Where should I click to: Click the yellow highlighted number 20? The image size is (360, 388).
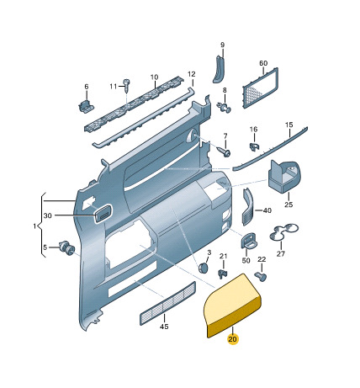click(232, 339)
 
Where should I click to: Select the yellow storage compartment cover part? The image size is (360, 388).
click(232, 306)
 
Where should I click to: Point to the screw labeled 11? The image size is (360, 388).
click(127, 85)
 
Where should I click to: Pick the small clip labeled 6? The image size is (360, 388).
click(85, 106)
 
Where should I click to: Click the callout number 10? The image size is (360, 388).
click(154, 77)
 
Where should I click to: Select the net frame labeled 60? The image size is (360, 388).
click(260, 88)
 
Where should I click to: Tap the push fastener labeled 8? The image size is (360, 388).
click(225, 108)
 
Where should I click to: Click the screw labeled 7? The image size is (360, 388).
click(225, 151)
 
